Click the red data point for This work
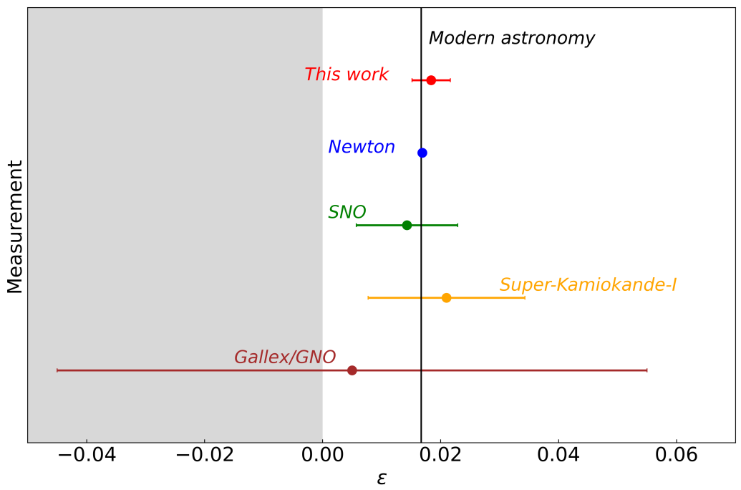(x=431, y=80)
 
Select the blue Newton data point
(x=422, y=153)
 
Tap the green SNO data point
(x=407, y=225)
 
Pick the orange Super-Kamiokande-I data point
(x=446, y=297)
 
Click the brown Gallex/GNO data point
(x=352, y=370)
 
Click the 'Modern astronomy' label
(x=511, y=39)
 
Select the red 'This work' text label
(x=347, y=75)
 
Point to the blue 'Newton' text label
(x=362, y=147)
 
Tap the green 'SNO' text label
(x=347, y=212)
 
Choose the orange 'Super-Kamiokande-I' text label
(x=588, y=285)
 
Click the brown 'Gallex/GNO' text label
(x=285, y=357)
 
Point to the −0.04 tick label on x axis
(x=87, y=456)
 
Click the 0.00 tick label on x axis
(x=322, y=456)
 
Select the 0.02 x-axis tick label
(x=440, y=456)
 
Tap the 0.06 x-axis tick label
(x=676, y=456)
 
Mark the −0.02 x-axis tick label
(x=204, y=456)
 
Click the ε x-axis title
(x=382, y=478)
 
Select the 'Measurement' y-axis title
(x=15, y=226)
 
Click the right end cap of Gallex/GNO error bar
(x=646, y=370)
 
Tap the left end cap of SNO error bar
(x=357, y=225)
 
